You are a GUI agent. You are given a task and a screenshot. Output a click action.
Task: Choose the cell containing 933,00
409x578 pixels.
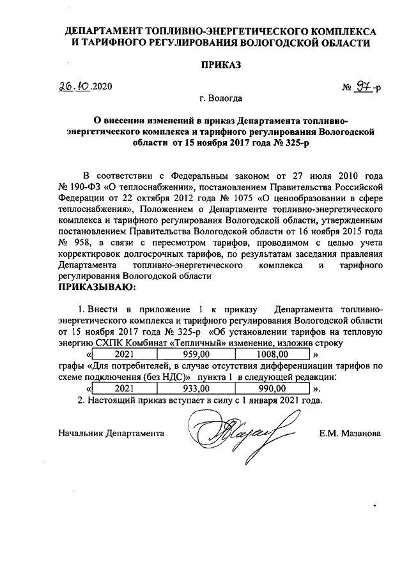click(192, 388)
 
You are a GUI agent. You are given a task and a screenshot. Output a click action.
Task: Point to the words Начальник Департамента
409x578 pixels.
click(111, 433)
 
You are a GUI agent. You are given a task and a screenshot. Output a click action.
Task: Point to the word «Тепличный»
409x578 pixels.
click(199, 342)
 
